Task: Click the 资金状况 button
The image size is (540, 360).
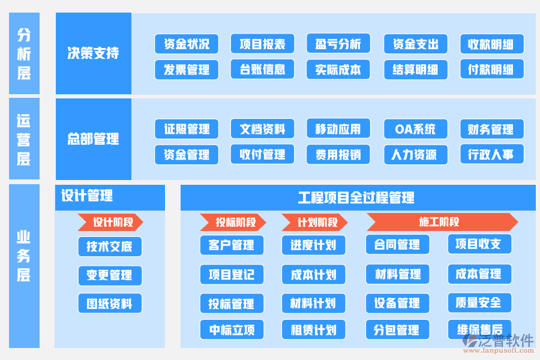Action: (187, 44)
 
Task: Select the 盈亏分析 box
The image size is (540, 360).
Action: (338, 44)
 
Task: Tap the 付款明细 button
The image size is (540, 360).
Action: (491, 70)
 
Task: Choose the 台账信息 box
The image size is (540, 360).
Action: (262, 70)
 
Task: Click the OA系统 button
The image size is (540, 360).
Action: (415, 129)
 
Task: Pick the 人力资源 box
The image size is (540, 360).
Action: (415, 155)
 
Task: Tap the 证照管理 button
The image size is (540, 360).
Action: (187, 129)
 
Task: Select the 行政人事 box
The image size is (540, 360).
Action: (491, 155)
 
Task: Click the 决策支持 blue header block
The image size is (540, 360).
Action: (93, 53)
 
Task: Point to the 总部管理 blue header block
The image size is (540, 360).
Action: (93, 139)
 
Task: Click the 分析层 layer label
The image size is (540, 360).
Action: (24, 53)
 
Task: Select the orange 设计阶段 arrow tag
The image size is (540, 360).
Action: (110, 222)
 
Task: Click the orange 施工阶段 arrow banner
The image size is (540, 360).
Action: (442, 222)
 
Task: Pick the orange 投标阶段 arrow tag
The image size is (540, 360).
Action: (232, 223)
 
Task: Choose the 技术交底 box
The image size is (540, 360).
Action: (110, 247)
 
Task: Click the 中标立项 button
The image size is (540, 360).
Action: (232, 329)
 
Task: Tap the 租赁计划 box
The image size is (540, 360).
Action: (313, 329)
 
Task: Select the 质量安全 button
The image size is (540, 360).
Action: (479, 302)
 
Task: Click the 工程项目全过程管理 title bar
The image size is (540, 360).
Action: (358, 197)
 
